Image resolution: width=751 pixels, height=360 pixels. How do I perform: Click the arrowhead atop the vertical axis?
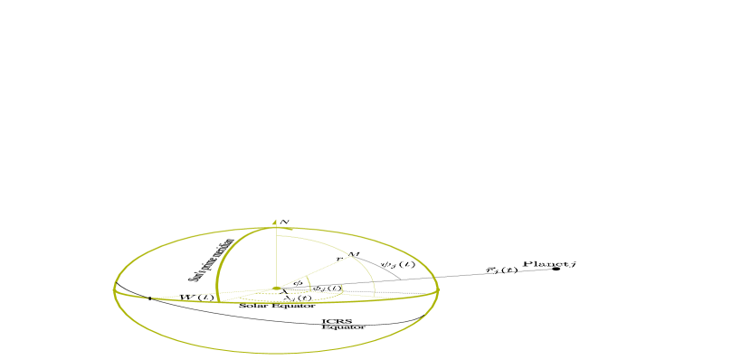(x=275, y=221)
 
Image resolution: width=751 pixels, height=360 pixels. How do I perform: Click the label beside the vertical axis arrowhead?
(x=284, y=222)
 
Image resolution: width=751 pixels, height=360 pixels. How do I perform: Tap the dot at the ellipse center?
(x=276, y=289)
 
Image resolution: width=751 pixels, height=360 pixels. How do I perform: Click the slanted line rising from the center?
(x=312, y=270)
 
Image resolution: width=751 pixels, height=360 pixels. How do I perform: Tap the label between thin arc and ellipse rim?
(x=397, y=264)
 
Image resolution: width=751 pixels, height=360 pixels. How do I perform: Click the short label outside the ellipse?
(x=501, y=270)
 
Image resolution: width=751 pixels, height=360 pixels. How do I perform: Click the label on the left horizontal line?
(x=198, y=297)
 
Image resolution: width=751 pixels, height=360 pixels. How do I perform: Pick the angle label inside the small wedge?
(x=297, y=283)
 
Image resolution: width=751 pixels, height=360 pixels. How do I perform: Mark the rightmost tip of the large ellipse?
(x=439, y=290)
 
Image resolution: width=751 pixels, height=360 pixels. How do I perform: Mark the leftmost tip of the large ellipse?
(x=114, y=290)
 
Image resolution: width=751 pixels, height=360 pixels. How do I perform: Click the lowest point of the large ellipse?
(x=276, y=353)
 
